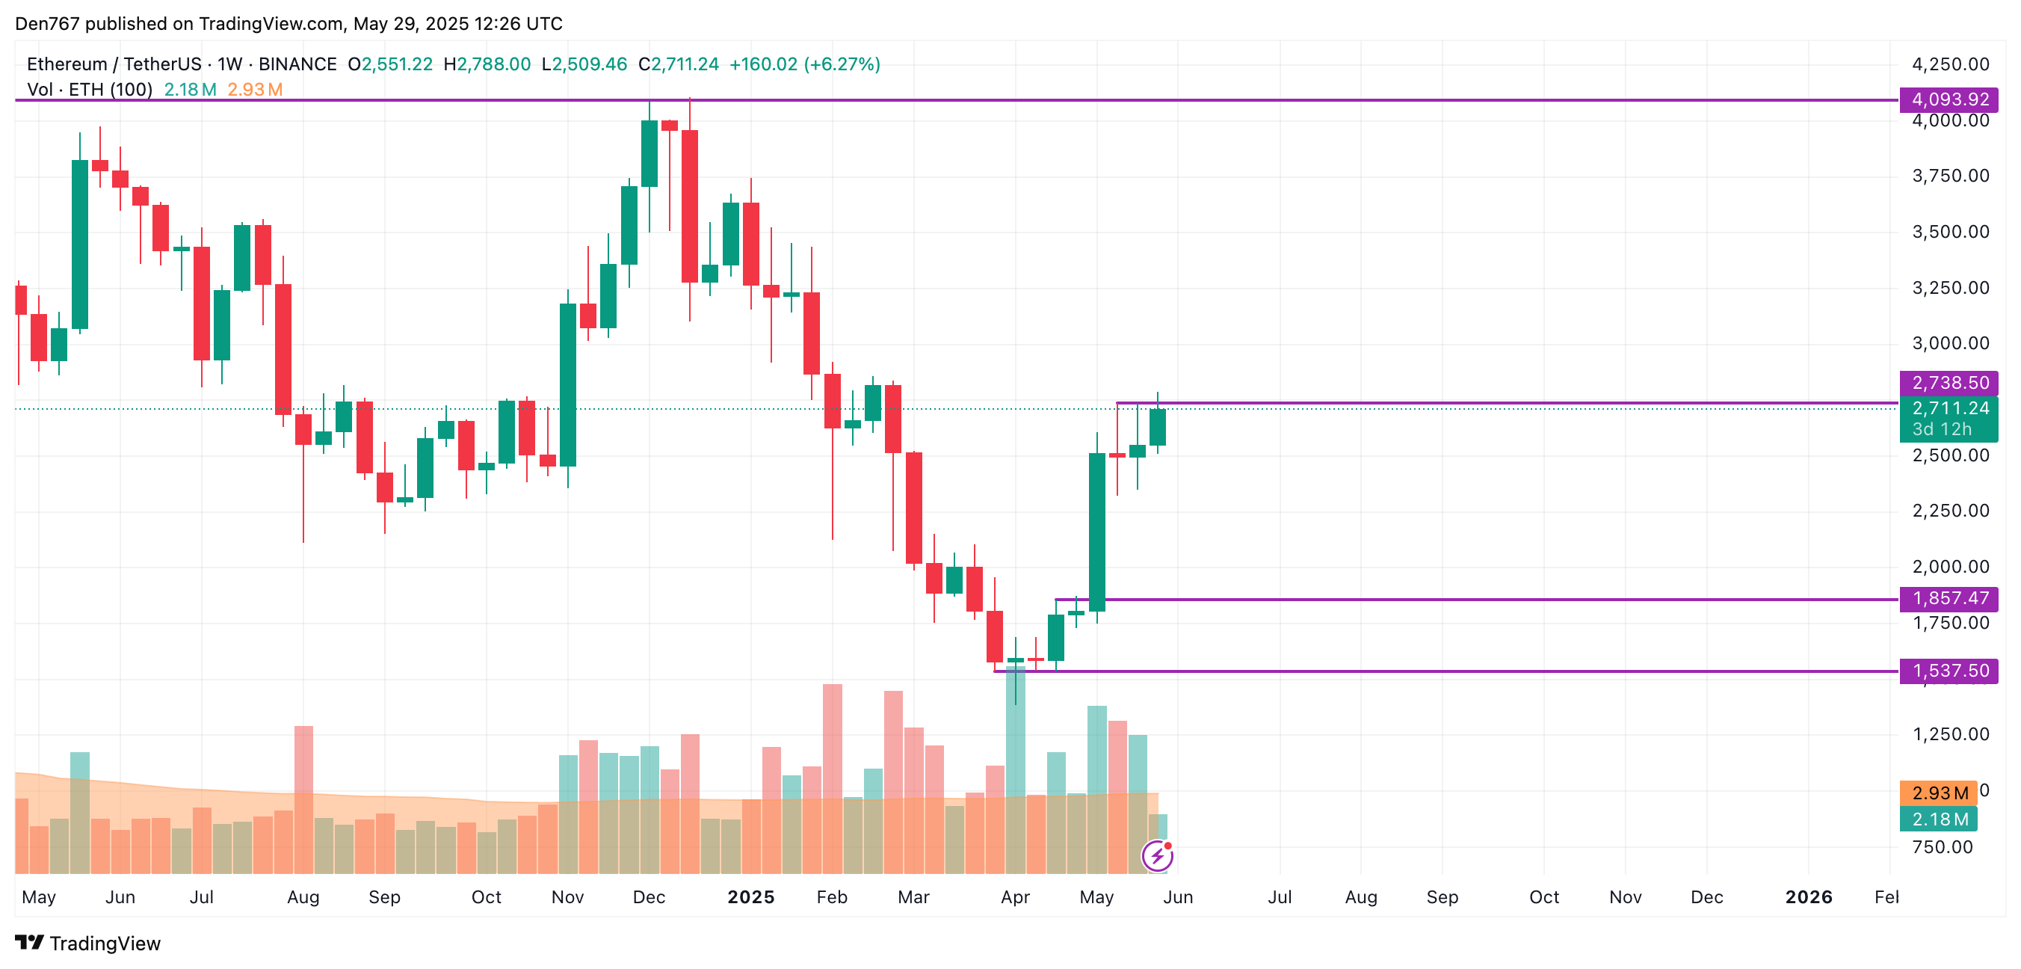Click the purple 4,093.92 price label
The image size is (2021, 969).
[1949, 99]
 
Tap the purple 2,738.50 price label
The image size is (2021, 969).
[1949, 383]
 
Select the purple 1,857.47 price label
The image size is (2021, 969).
[1949, 599]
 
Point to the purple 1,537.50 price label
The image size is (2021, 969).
[1949, 671]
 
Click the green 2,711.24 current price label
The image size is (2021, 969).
[1949, 409]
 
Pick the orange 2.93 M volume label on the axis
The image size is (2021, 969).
[1939, 793]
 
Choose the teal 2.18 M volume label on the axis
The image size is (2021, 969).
[1939, 820]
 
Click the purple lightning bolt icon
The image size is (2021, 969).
[1157, 856]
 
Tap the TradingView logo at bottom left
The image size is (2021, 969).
[88, 943]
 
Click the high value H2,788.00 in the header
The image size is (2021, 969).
[487, 64]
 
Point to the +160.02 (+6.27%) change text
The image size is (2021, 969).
[804, 64]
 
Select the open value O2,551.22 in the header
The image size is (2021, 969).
[391, 64]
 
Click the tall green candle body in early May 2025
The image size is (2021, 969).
[1096, 532]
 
